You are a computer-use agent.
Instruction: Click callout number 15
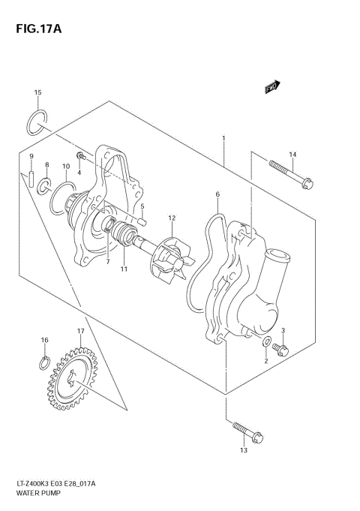pos(37,92)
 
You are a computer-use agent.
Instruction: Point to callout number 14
pos(292,155)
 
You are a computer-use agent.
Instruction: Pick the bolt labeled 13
pos(245,429)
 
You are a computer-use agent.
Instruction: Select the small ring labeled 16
pos(44,366)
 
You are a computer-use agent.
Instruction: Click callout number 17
pos(79,331)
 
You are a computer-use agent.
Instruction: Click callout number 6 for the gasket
pos(217,194)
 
